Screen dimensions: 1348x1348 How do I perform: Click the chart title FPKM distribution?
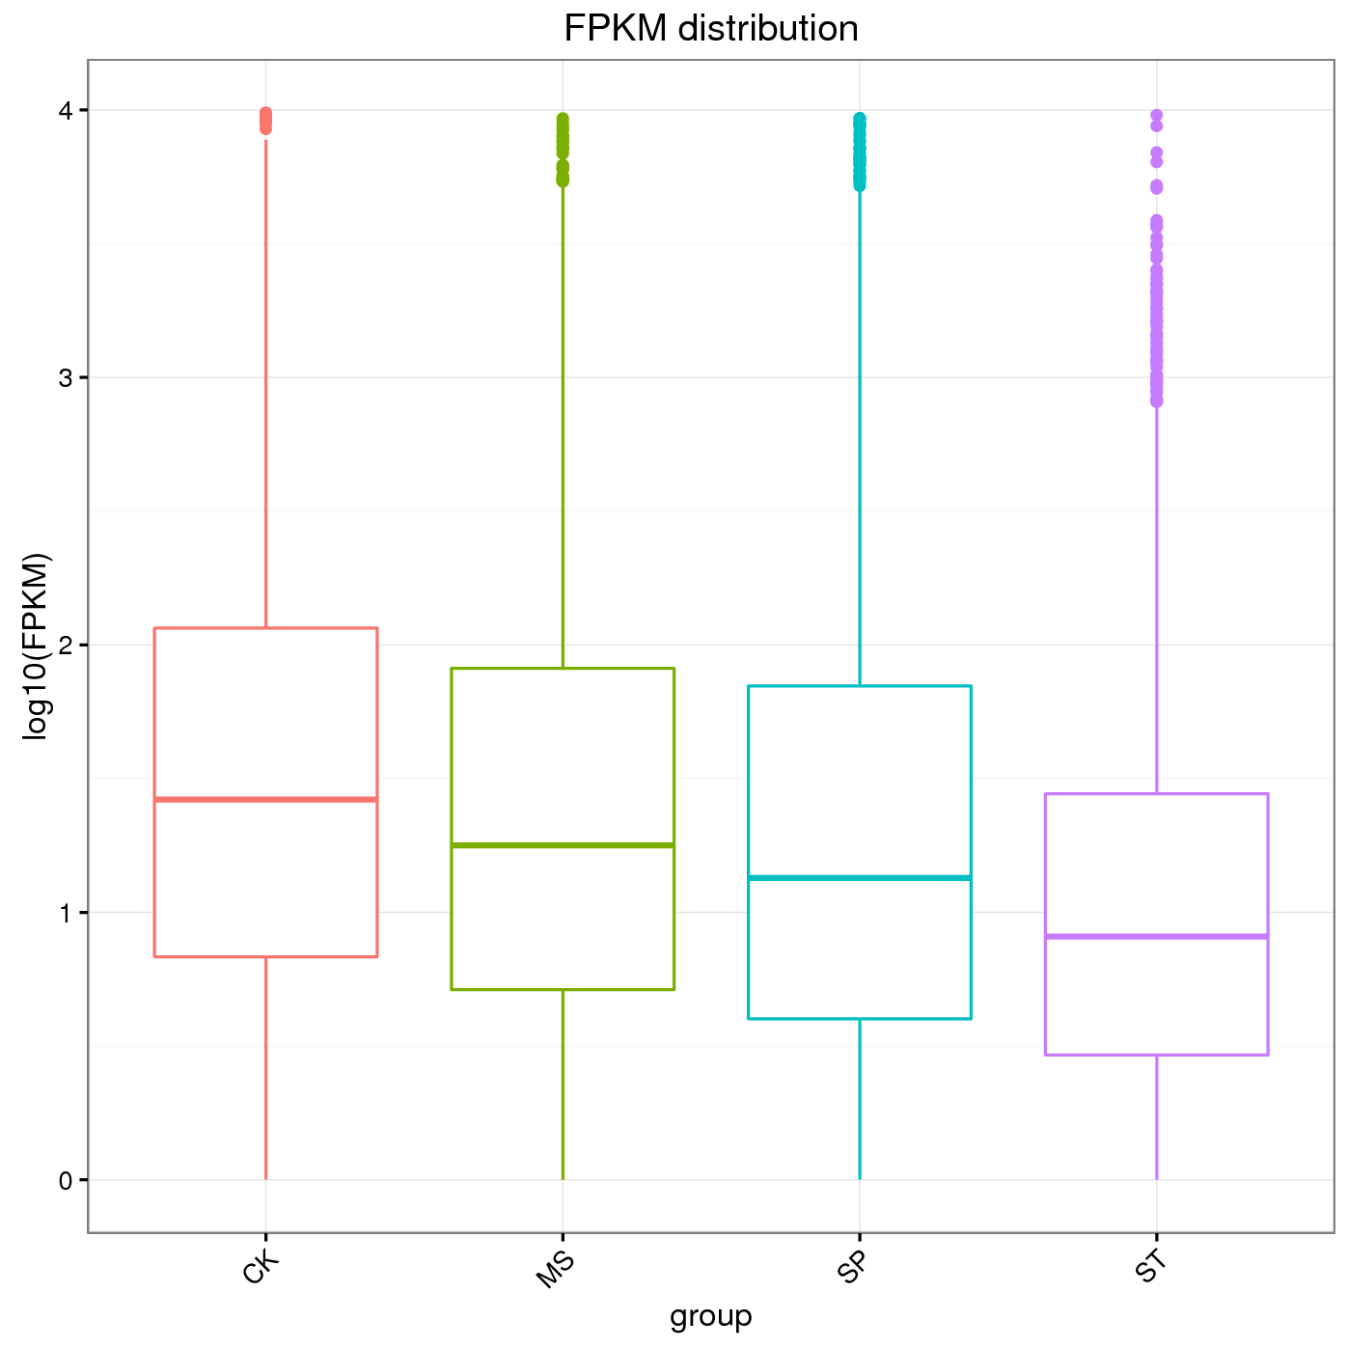click(711, 29)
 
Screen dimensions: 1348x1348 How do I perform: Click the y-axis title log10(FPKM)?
click(36, 646)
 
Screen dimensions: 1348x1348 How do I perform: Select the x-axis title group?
click(711, 1315)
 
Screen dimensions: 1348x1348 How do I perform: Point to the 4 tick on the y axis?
click(66, 110)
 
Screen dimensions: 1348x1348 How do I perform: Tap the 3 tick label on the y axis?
click(66, 377)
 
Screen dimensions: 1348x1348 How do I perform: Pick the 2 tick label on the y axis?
click(66, 645)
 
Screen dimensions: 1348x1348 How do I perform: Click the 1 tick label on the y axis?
click(66, 912)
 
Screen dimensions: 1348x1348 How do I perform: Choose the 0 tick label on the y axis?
click(66, 1179)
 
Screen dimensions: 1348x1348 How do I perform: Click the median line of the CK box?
click(265, 799)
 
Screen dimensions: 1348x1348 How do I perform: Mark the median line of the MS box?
click(563, 845)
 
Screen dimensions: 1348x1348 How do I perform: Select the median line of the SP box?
click(859, 877)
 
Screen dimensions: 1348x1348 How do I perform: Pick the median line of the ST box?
click(1156, 936)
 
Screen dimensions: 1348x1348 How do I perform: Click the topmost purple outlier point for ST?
click(1156, 115)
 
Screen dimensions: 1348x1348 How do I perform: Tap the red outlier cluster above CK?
click(265, 121)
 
